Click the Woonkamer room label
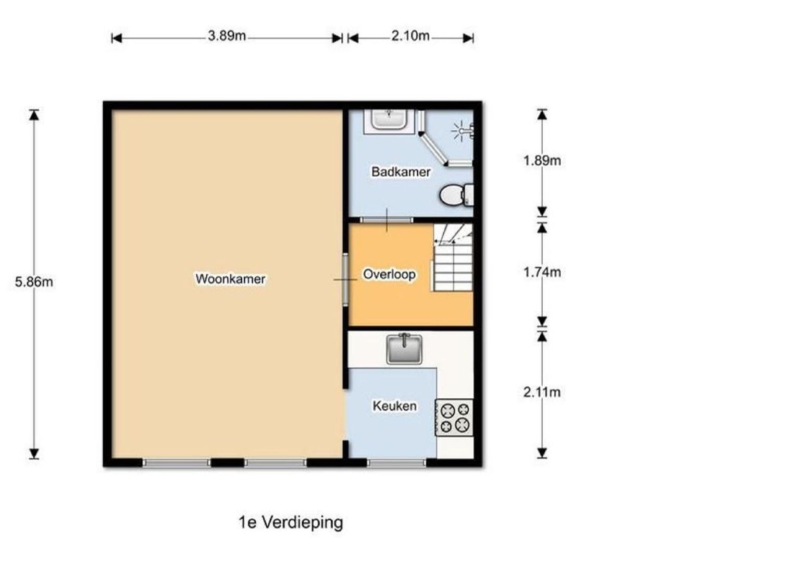[230, 279]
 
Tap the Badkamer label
[401, 172]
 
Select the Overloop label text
[389, 274]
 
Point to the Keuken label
[394, 406]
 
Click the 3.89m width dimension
[227, 36]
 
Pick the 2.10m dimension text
[411, 36]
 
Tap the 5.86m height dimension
[34, 282]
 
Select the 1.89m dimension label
[542, 161]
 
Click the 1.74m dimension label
[542, 273]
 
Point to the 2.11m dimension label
[542, 393]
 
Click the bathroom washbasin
[389, 120]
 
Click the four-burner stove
[454, 418]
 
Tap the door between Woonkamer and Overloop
[345, 279]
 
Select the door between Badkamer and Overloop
[387, 220]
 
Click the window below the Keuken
[396, 463]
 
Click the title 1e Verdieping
[291, 523]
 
